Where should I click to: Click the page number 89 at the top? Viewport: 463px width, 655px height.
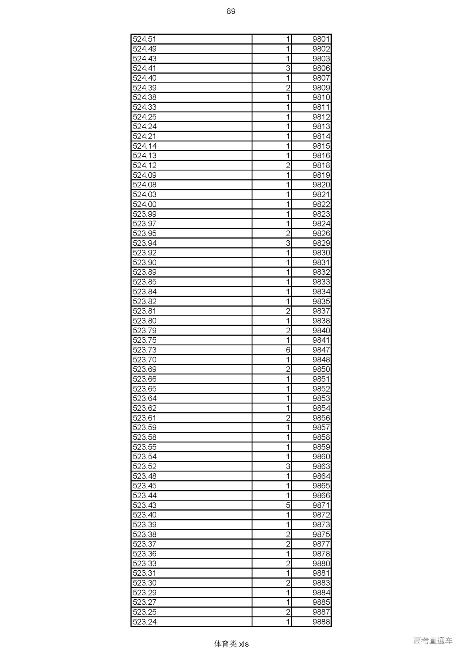231,11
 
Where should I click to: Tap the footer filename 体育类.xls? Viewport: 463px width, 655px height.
231,644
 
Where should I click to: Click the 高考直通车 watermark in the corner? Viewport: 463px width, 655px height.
433,641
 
